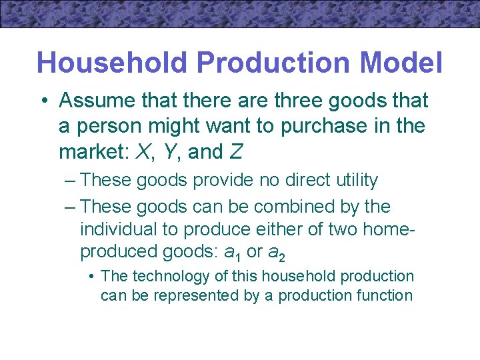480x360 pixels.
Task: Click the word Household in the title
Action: [112, 63]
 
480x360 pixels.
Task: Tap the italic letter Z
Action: [235, 152]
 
